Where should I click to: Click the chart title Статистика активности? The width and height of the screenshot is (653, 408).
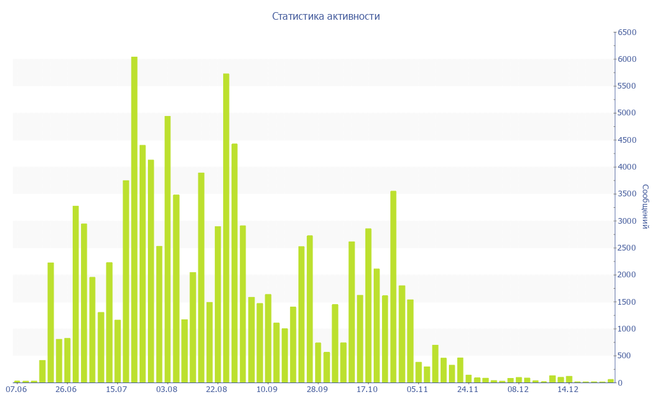tap(326, 17)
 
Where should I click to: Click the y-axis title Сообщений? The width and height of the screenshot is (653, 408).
tap(645, 207)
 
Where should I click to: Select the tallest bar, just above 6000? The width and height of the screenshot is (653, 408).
tap(135, 219)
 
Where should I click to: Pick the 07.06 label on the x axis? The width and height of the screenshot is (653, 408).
tap(16, 390)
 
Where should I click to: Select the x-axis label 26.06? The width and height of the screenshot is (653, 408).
tap(66, 390)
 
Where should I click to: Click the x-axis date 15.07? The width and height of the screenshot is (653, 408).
tap(117, 390)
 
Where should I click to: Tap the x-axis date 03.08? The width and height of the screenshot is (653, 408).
tap(166, 390)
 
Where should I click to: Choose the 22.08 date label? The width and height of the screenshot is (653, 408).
tap(217, 390)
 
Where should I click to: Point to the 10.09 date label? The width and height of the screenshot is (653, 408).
tap(267, 390)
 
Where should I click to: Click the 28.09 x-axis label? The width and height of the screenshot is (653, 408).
tap(317, 390)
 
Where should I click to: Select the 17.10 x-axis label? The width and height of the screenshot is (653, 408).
tap(367, 390)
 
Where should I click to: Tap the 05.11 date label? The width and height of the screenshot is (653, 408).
tap(417, 390)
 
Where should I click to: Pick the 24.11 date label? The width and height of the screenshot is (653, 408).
tap(467, 390)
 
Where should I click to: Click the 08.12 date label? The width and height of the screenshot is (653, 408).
tap(518, 390)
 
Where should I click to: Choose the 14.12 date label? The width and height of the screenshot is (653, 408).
tap(568, 390)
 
